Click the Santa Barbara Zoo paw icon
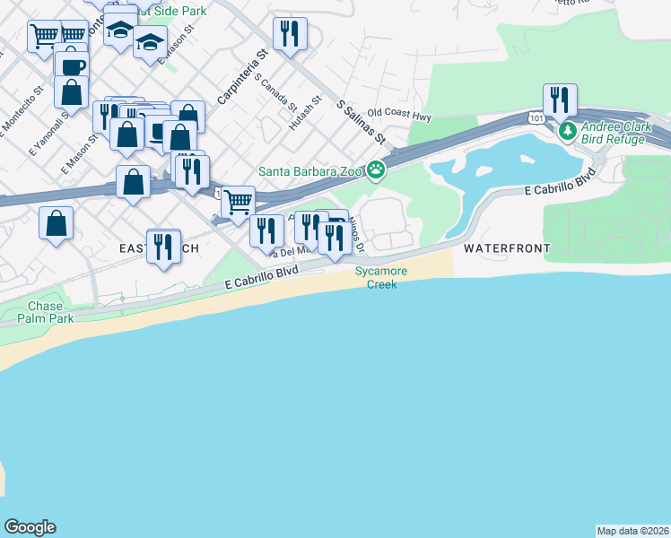376,169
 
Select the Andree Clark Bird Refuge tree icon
567,133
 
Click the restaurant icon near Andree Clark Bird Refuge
560,100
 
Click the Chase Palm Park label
45,312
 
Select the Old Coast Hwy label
400,116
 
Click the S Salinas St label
361,123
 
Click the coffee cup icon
72,66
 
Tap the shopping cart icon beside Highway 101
238,202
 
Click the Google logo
30,527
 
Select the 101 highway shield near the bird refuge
536,117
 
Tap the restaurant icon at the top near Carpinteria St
290,34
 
